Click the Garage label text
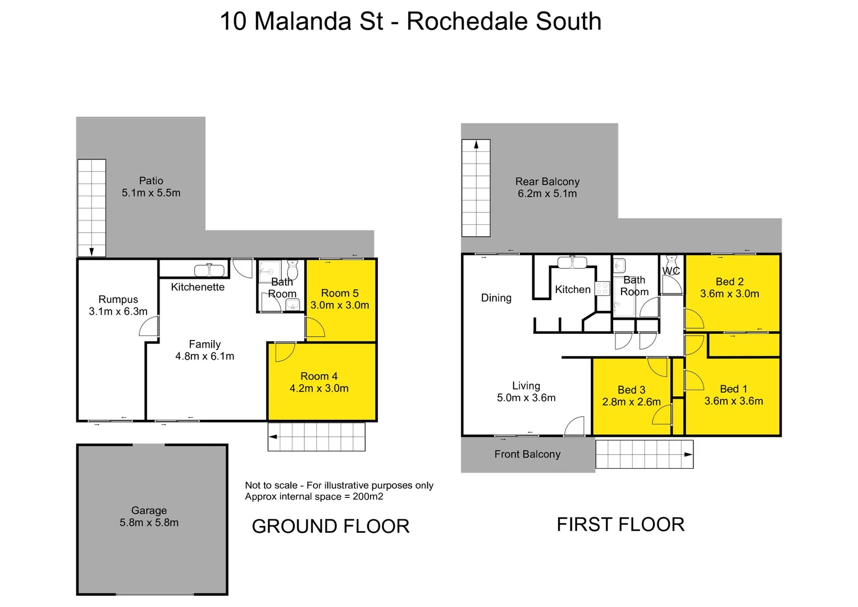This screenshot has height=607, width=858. (x=149, y=510)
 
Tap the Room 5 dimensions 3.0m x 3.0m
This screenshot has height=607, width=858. (x=340, y=305)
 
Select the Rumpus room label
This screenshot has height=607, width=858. (x=118, y=300)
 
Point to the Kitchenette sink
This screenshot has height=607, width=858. (x=209, y=270)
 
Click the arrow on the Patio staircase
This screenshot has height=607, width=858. (x=92, y=251)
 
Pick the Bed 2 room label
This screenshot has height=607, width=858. (x=729, y=282)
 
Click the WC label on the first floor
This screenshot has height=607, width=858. (x=671, y=271)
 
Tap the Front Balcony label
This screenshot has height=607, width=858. (x=527, y=454)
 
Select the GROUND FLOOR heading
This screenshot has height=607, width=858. (x=331, y=526)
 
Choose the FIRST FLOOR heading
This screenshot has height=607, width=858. (x=620, y=524)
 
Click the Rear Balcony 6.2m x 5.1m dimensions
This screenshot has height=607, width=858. (x=547, y=194)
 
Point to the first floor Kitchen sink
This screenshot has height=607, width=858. (x=572, y=262)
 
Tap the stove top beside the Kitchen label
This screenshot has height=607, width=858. (x=603, y=288)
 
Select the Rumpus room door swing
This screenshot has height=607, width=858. (x=149, y=327)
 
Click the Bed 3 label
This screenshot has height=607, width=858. (x=631, y=389)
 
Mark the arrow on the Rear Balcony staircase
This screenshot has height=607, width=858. (x=476, y=144)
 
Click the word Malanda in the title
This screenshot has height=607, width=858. (x=318, y=21)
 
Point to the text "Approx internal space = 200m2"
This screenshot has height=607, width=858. (x=314, y=497)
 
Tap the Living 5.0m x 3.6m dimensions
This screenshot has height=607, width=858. (x=526, y=398)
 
